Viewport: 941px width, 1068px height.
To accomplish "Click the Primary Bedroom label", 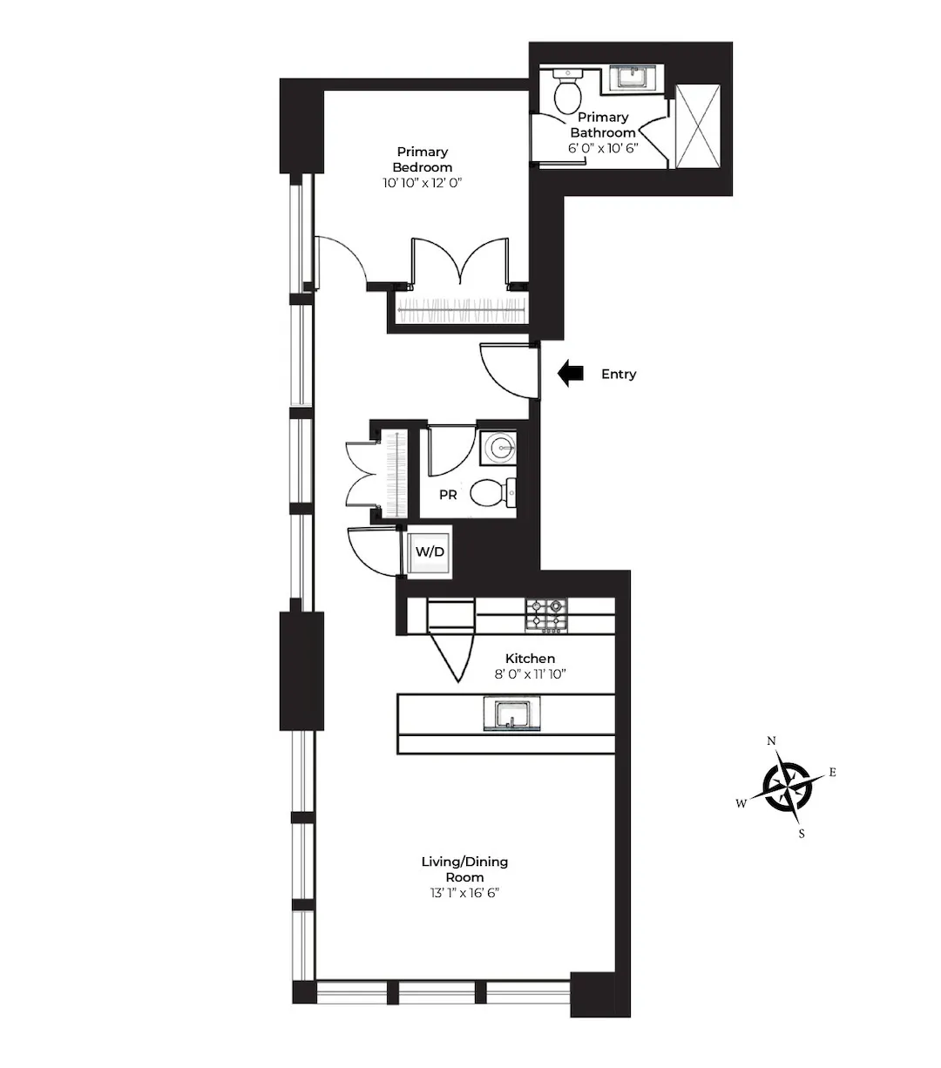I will click(423, 159).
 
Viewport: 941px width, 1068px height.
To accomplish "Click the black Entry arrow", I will click(571, 374).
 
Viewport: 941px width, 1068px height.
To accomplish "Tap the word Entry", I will click(619, 374).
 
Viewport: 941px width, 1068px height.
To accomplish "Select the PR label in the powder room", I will click(448, 495).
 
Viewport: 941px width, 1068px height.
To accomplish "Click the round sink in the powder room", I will click(501, 448).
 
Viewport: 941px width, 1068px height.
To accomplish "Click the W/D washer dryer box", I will click(429, 552).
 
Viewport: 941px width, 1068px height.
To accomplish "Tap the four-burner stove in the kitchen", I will click(545, 614).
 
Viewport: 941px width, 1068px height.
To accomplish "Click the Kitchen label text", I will click(530, 659).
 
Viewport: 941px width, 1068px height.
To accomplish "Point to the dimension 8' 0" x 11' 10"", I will click(530, 674).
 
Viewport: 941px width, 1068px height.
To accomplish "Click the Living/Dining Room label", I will click(464, 869).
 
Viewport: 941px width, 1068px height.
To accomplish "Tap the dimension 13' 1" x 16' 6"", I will click(464, 893).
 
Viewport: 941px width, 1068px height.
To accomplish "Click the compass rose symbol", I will click(788, 787).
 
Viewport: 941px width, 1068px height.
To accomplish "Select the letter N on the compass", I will click(771, 741).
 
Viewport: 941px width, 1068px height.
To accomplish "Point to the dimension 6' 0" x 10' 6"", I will click(603, 148).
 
